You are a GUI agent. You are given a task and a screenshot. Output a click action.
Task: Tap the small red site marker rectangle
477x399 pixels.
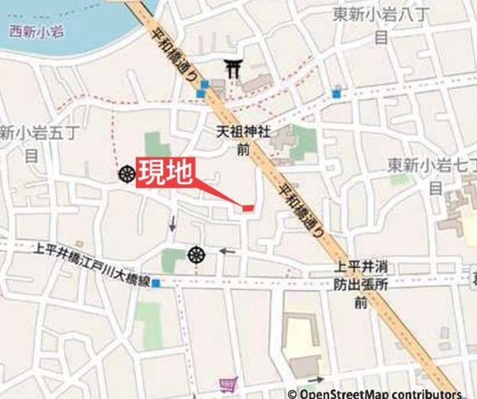247,207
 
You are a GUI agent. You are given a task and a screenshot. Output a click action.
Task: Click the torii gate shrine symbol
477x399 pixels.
234,70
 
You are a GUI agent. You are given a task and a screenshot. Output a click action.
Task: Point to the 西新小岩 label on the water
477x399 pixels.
34,33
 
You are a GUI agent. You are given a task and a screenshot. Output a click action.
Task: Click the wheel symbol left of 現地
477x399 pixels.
126,173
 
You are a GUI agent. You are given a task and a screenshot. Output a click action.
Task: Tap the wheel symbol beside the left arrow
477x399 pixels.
196,254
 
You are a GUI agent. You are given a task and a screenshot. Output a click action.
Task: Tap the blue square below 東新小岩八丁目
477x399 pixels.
337,94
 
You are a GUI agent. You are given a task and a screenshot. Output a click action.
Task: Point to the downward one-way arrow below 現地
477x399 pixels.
173,224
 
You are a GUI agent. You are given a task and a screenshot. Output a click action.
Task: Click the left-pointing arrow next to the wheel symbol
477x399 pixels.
228,252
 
